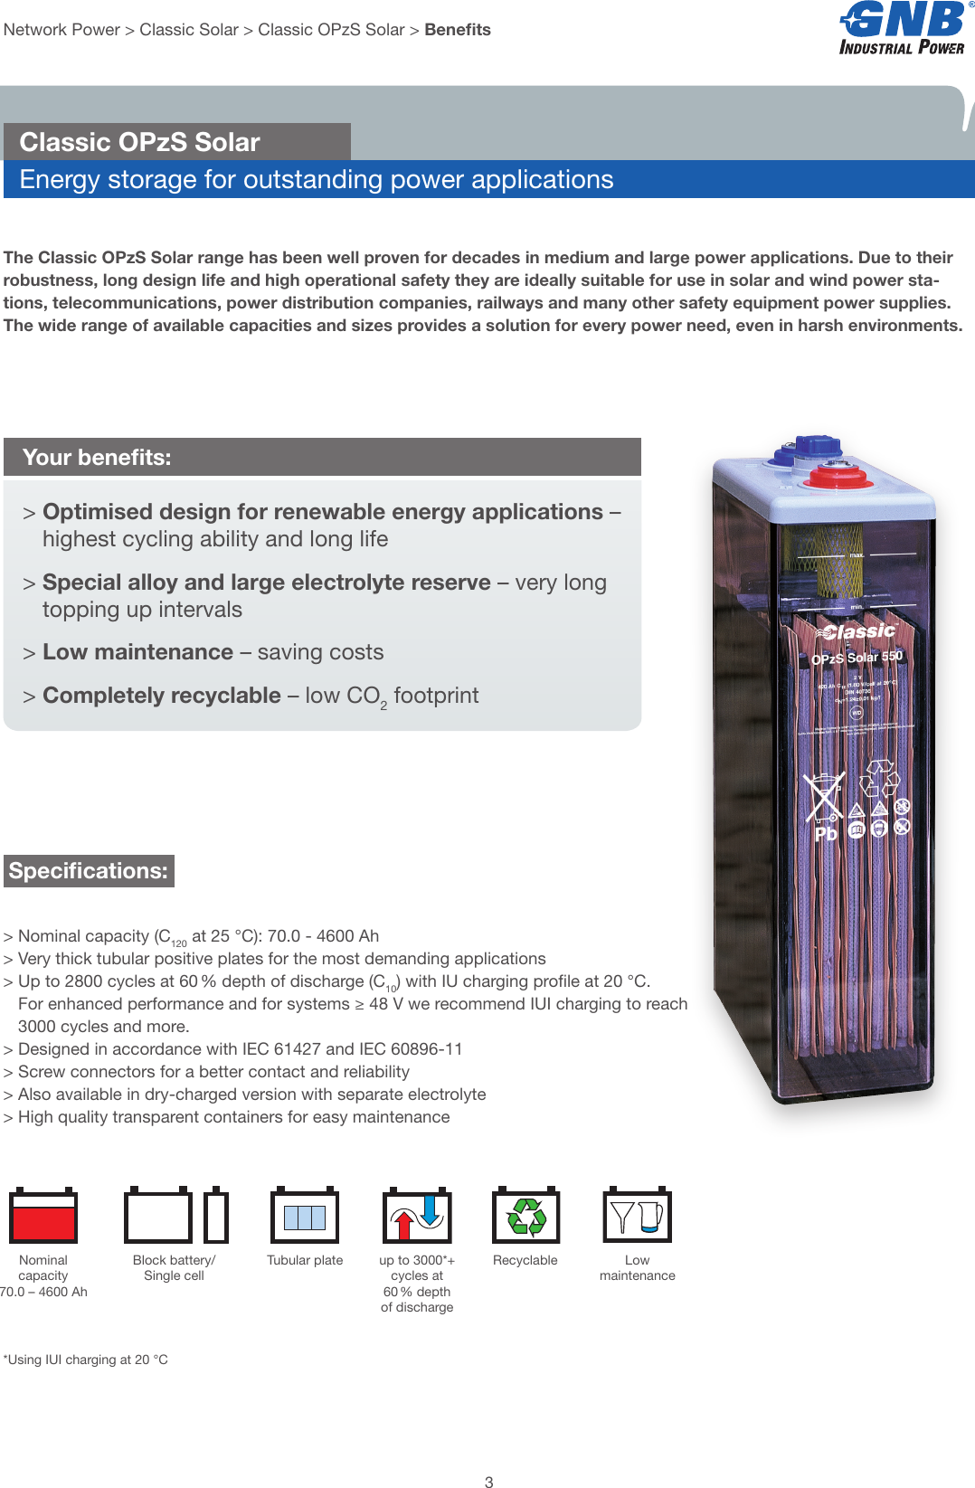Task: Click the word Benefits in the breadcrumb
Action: click(x=458, y=30)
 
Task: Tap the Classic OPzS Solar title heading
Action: click(x=140, y=142)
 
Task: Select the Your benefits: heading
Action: click(x=97, y=458)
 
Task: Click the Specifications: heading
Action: click(x=89, y=871)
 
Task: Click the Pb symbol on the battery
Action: click(x=825, y=834)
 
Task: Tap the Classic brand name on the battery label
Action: click(x=858, y=631)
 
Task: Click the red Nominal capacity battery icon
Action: click(x=43, y=1217)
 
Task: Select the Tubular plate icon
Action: click(x=305, y=1217)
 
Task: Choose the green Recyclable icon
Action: click(x=525, y=1217)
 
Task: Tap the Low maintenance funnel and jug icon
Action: click(x=638, y=1217)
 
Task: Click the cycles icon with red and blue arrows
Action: click(x=417, y=1217)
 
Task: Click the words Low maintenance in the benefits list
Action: click(x=137, y=652)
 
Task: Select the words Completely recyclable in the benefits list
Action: click(x=162, y=696)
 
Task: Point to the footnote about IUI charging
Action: click(x=86, y=1360)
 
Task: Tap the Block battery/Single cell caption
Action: click(x=174, y=1267)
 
